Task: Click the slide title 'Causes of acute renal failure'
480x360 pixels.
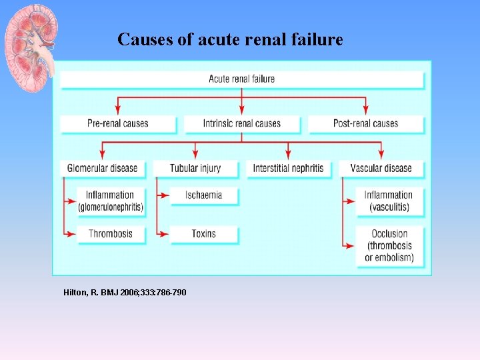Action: (x=230, y=40)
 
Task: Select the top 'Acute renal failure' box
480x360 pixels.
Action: (x=241, y=79)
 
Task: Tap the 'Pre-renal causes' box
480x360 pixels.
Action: (x=117, y=123)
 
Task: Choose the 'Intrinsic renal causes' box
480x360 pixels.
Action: (x=241, y=123)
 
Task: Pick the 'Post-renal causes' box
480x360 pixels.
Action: (x=365, y=123)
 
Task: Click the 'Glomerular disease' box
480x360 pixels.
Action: (x=102, y=168)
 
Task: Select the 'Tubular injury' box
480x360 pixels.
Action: (x=195, y=168)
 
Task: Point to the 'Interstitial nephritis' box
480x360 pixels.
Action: (x=288, y=168)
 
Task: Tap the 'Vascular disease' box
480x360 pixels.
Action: (x=381, y=168)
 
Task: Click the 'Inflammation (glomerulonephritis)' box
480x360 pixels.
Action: (x=110, y=201)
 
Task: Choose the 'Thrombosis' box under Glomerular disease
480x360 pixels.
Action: (x=110, y=234)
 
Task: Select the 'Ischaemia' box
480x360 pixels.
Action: (x=203, y=195)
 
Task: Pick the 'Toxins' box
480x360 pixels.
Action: (x=203, y=234)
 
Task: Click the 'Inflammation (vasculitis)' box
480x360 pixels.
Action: (x=388, y=201)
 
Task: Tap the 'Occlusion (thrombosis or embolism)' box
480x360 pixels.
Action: (x=389, y=245)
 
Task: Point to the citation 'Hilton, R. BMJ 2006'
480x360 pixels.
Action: (x=125, y=293)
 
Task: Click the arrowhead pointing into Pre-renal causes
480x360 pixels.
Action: (x=118, y=111)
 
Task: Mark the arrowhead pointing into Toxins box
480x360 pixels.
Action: (x=165, y=234)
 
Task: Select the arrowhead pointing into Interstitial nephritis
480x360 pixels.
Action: (x=288, y=155)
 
